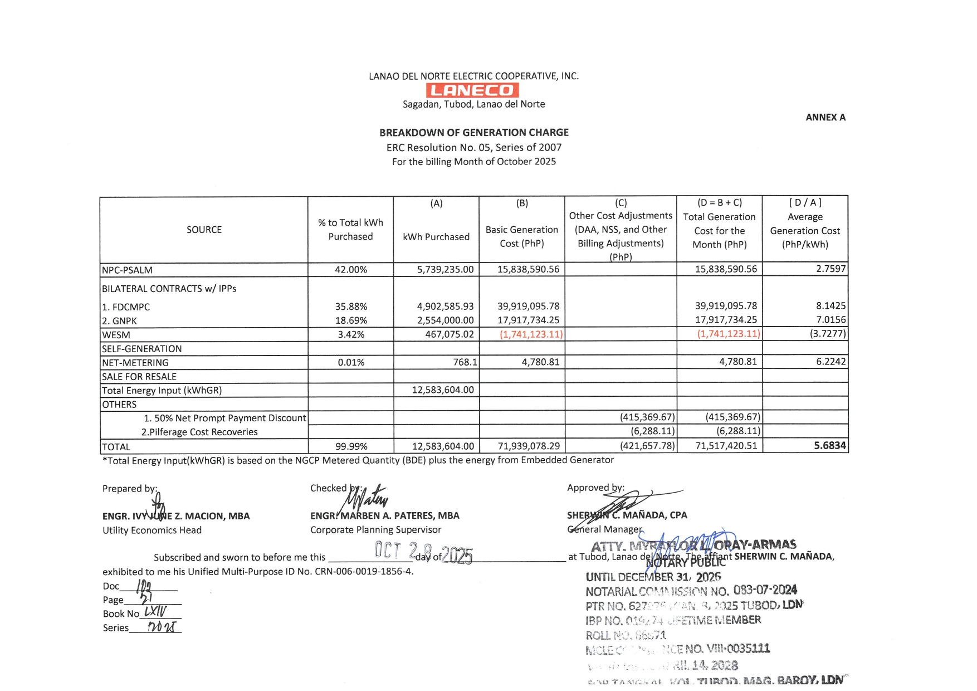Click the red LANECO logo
coord(472,90)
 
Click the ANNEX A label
coord(825,118)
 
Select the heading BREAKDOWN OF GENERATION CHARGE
coord(474,133)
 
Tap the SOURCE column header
coord(204,230)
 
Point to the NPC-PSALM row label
coord(127,270)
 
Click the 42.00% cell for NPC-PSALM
coord(351,270)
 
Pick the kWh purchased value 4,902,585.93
coord(445,306)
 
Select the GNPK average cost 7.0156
coord(831,320)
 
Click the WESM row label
coord(116,335)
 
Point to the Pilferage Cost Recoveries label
coord(199,432)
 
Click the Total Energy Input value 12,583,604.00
coord(443,390)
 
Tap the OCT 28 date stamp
coord(423,552)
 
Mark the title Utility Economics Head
coord(152,531)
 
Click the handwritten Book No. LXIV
coord(155,612)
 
